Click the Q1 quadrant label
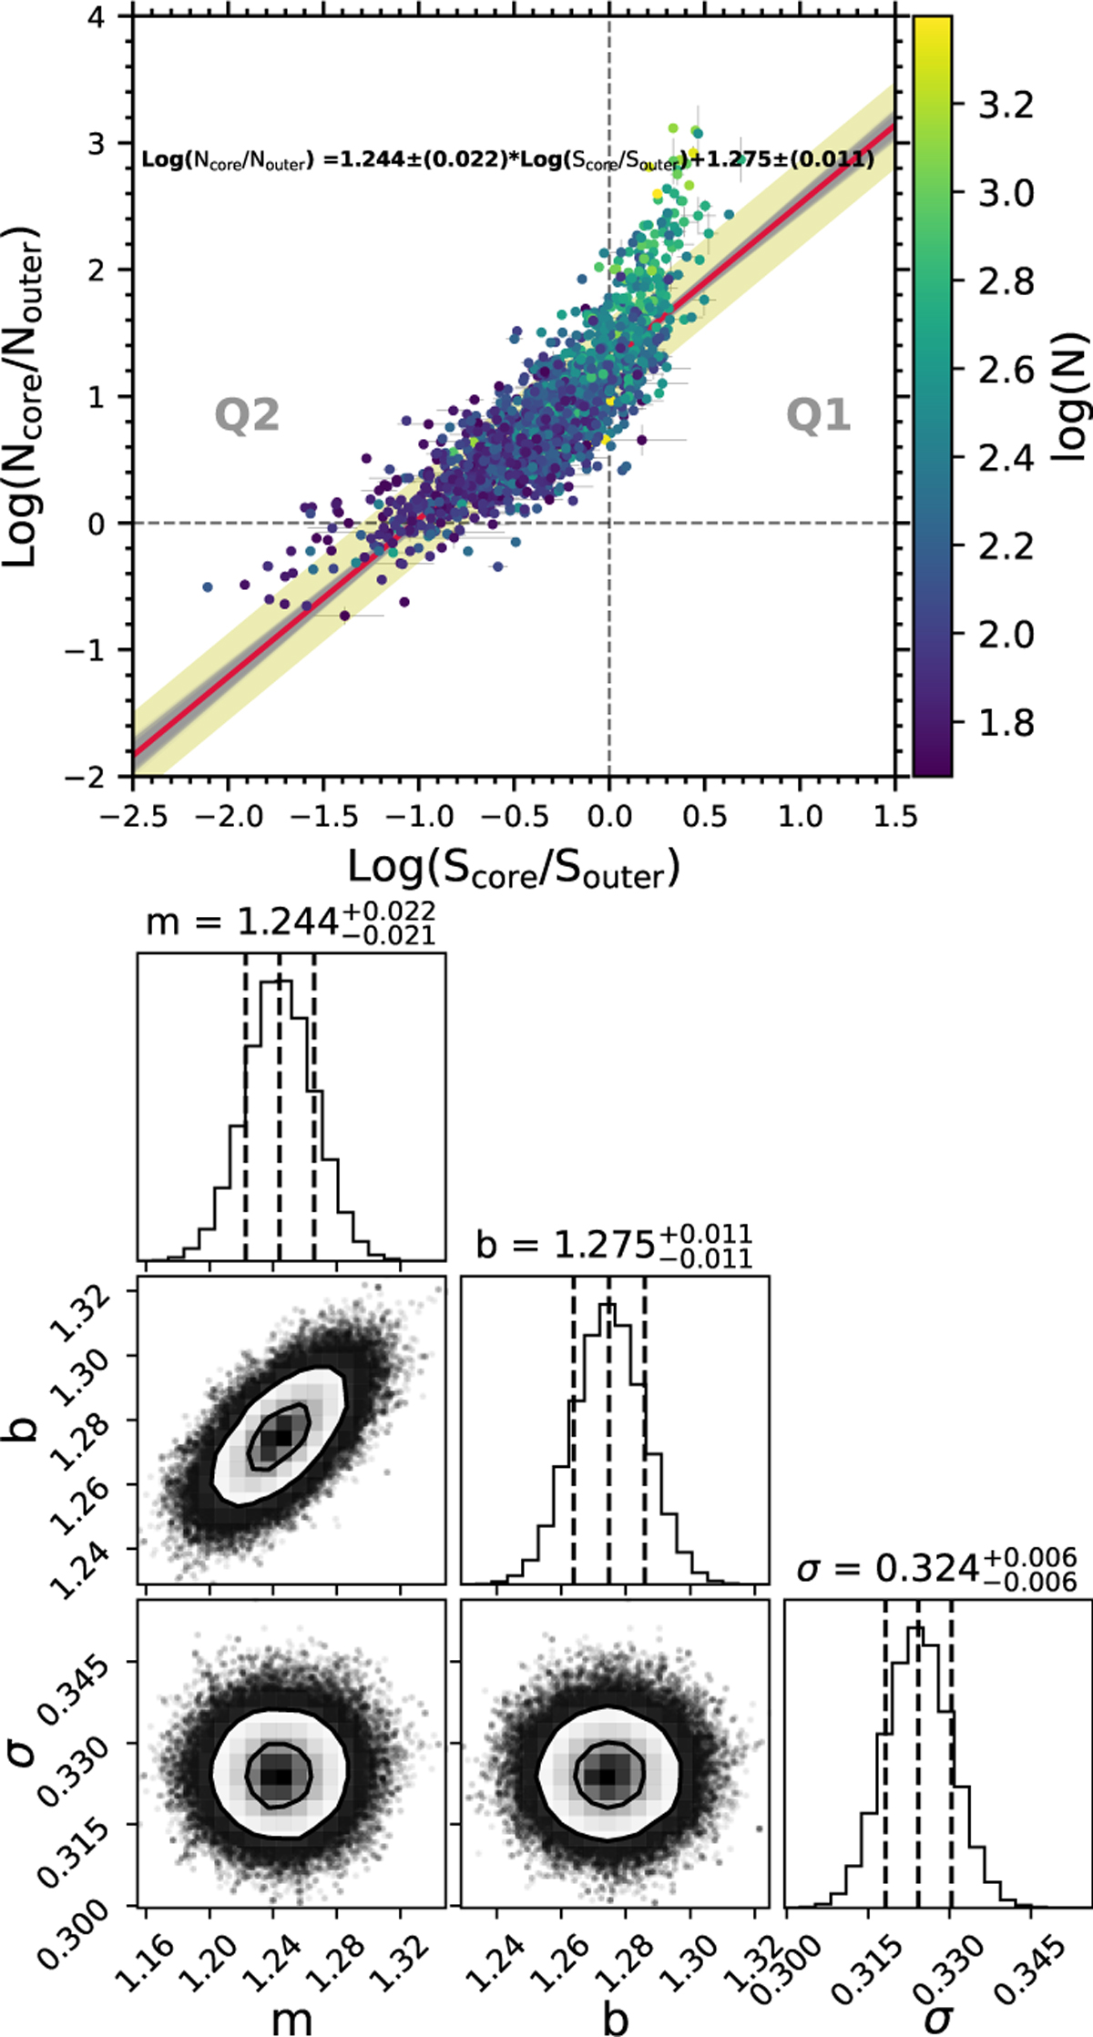point(818,416)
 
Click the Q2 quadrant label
point(247,416)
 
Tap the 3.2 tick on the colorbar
point(1006,106)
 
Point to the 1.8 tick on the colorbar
point(1006,723)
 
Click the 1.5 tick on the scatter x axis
point(895,816)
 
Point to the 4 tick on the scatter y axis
point(97,16)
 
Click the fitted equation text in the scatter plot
point(507,161)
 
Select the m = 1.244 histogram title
point(291,922)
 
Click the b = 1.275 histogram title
point(614,1245)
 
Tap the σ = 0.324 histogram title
point(936,1568)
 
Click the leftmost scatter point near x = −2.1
point(208,587)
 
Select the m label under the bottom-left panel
point(291,2018)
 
